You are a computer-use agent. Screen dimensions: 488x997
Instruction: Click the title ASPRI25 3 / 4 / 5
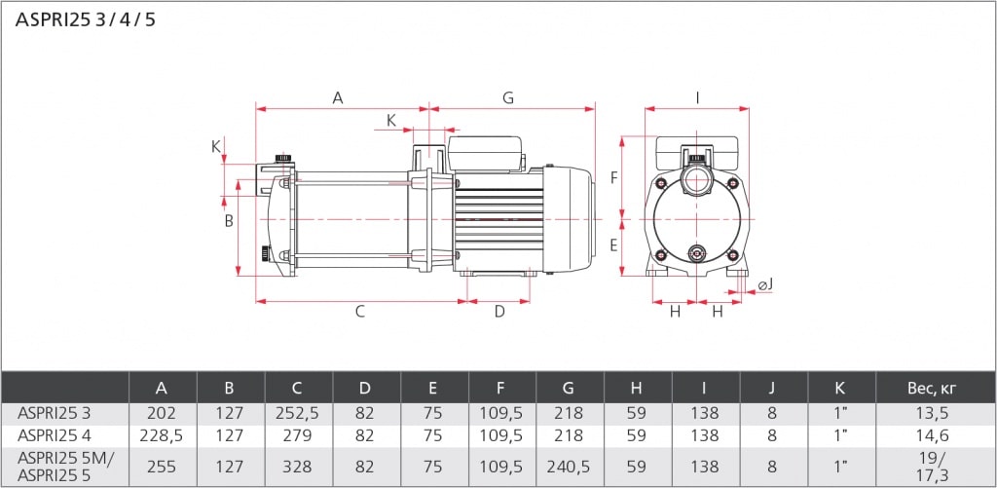tap(85, 20)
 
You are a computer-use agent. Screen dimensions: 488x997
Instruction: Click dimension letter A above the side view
tap(338, 97)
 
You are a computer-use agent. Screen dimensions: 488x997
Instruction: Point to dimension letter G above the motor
tap(508, 97)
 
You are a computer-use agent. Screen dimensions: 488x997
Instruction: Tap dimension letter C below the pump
tap(359, 312)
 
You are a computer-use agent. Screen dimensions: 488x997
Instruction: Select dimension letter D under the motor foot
tap(499, 312)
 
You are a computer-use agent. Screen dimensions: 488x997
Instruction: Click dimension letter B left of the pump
tap(229, 221)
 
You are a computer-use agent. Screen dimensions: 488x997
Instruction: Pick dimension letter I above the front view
tap(698, 97)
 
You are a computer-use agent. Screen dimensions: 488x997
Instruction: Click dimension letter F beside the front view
tap(613, 178)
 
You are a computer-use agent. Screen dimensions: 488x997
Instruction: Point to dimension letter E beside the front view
tap(613, 245)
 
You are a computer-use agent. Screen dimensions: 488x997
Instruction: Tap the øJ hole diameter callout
tap(765, 284)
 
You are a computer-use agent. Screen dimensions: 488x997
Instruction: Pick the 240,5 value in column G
tap(570, 467)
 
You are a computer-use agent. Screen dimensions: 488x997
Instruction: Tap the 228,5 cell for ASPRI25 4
tap(163, 434)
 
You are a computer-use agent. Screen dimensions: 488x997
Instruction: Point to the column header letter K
tap(841, 388)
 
